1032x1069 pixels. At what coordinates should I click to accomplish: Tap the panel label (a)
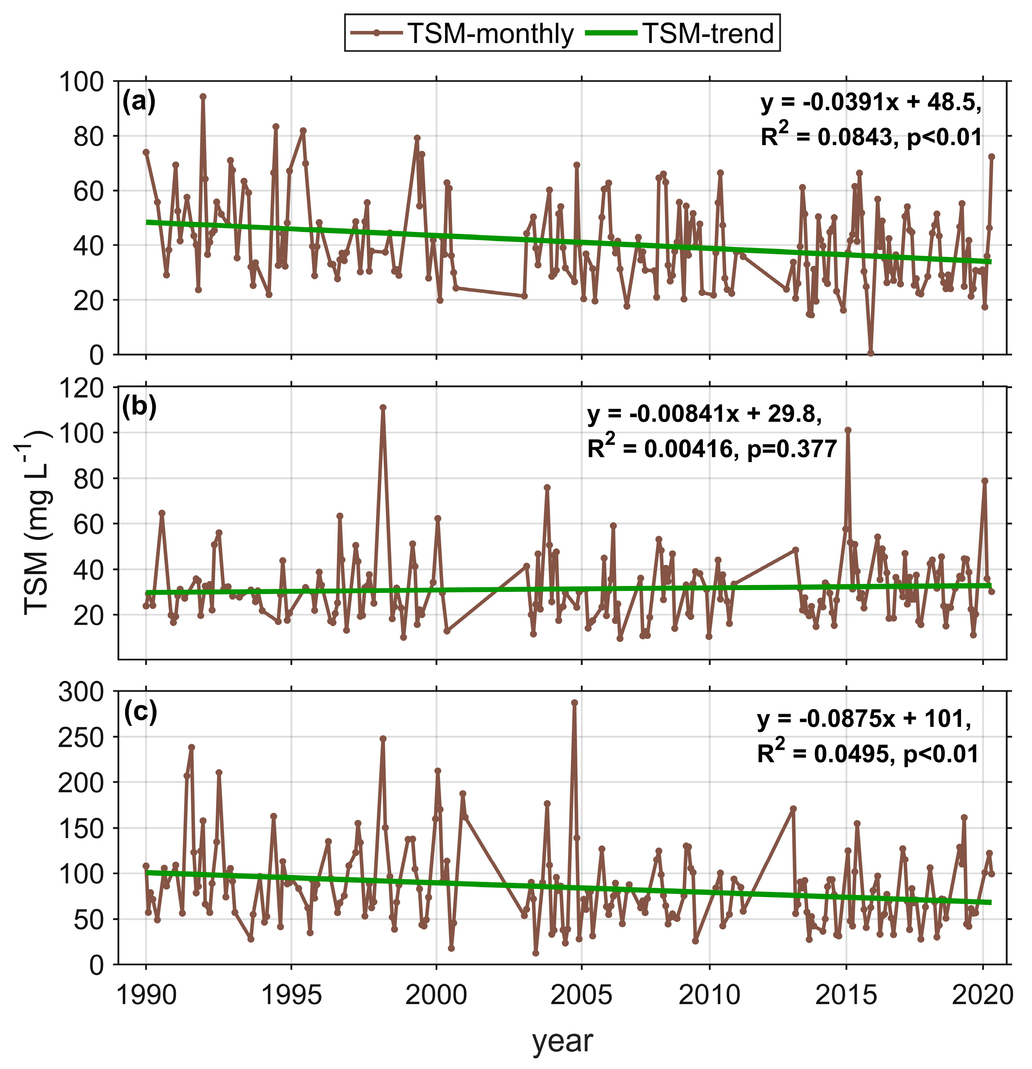[x=139, y=102]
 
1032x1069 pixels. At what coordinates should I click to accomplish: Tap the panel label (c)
[x=140, y=712]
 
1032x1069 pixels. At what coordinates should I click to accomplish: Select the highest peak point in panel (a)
[x=203, y=96]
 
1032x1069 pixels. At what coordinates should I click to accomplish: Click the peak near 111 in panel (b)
[x=383, y=407]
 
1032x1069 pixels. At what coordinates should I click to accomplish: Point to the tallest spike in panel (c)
[x=575, y=703]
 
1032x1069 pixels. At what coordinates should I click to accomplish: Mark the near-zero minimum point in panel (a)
[x=870, y=353]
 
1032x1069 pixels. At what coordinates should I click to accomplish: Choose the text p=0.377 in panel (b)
[x=791, y=449]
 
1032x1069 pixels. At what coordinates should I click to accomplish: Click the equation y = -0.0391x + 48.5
[x=870, y=102]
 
